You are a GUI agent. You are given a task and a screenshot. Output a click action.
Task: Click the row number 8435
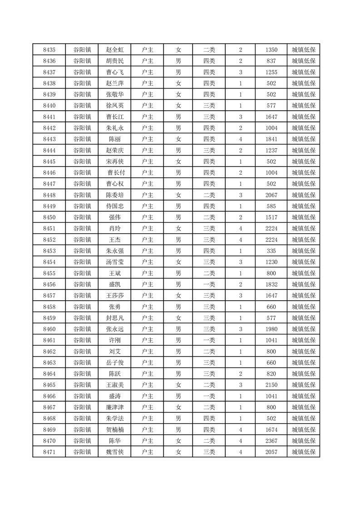pyautogui.click(x=49, y=50)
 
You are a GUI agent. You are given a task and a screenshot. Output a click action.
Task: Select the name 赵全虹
pyautogui.click(x=114, y=50)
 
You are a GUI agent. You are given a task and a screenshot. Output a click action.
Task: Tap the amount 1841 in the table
pyautogui.click(x=271, y=139)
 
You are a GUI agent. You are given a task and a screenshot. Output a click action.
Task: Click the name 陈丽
pyautogui.click(x=114, y=139)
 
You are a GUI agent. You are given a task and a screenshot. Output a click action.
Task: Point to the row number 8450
pyautogui.click(x=49, y=217)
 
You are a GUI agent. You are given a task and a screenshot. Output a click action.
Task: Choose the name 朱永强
pyautogui.click(x=114, y=251)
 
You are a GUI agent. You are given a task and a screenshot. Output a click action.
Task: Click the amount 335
pyautogui.click(x=271, y=251)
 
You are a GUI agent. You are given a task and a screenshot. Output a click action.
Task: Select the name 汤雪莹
pyautogui.click(x=114, y=262)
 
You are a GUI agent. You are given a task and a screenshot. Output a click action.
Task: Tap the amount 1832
pyautogui.click(x=271, y=284)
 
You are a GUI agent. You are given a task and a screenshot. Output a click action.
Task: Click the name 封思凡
pyautogui.click(x=114, y=318)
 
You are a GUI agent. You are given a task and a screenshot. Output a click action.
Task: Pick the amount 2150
pyautogui.click(x=271, y=385)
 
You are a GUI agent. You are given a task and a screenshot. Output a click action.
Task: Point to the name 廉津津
pyautogui.click(x=114, y=407)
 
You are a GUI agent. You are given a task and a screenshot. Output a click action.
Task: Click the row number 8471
pyautogui.click(x=49, y=452)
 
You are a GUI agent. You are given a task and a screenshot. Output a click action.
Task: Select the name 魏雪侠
pyautogui.click(x=114, y=452)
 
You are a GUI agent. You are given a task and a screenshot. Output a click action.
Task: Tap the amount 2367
pyautogui.click(x=271, y=440)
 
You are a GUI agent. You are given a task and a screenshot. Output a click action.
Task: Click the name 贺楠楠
pyautogui.click(x=114, y=430)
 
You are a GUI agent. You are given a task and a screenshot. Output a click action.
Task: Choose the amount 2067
pyautogui.click(x=271, y=195)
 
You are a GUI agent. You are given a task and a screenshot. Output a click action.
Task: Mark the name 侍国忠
pyautogui.click(x=114, y=206)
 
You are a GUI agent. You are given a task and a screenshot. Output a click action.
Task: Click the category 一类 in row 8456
pyautogui.click(x=209, y=284)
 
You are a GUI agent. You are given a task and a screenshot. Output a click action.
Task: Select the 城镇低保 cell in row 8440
pyautogui.click(x=303, y=106)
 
